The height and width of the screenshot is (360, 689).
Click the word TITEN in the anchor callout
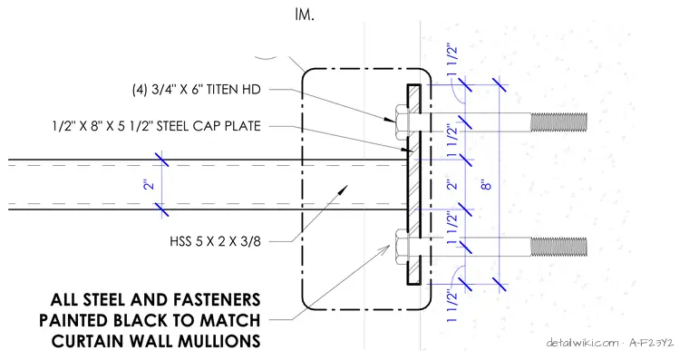222,89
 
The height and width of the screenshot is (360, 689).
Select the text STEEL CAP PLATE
209,126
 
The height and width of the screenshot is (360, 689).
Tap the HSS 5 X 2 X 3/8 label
216,241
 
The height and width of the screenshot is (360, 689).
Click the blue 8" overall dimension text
486,184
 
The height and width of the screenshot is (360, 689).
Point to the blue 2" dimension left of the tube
150,184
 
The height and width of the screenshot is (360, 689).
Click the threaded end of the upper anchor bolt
558,122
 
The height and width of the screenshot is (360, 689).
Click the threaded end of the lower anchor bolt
558,247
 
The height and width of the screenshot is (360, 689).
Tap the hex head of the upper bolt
402,122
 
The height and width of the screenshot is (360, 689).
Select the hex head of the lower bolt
402,247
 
